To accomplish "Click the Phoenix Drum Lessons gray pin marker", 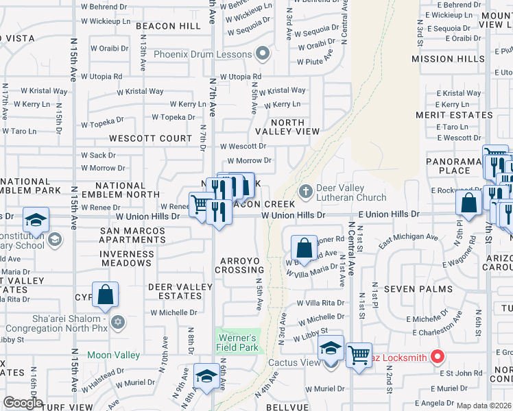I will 261,53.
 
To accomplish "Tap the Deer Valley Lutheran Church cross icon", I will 306,190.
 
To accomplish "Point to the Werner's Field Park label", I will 238,342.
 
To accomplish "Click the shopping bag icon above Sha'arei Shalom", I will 106,295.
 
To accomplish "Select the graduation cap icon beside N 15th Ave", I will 36,220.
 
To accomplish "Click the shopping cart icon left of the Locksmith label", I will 358,355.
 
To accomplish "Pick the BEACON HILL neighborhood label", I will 168,26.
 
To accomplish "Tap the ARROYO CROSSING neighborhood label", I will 242,265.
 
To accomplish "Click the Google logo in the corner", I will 23,403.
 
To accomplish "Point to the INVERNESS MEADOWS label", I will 127,258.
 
